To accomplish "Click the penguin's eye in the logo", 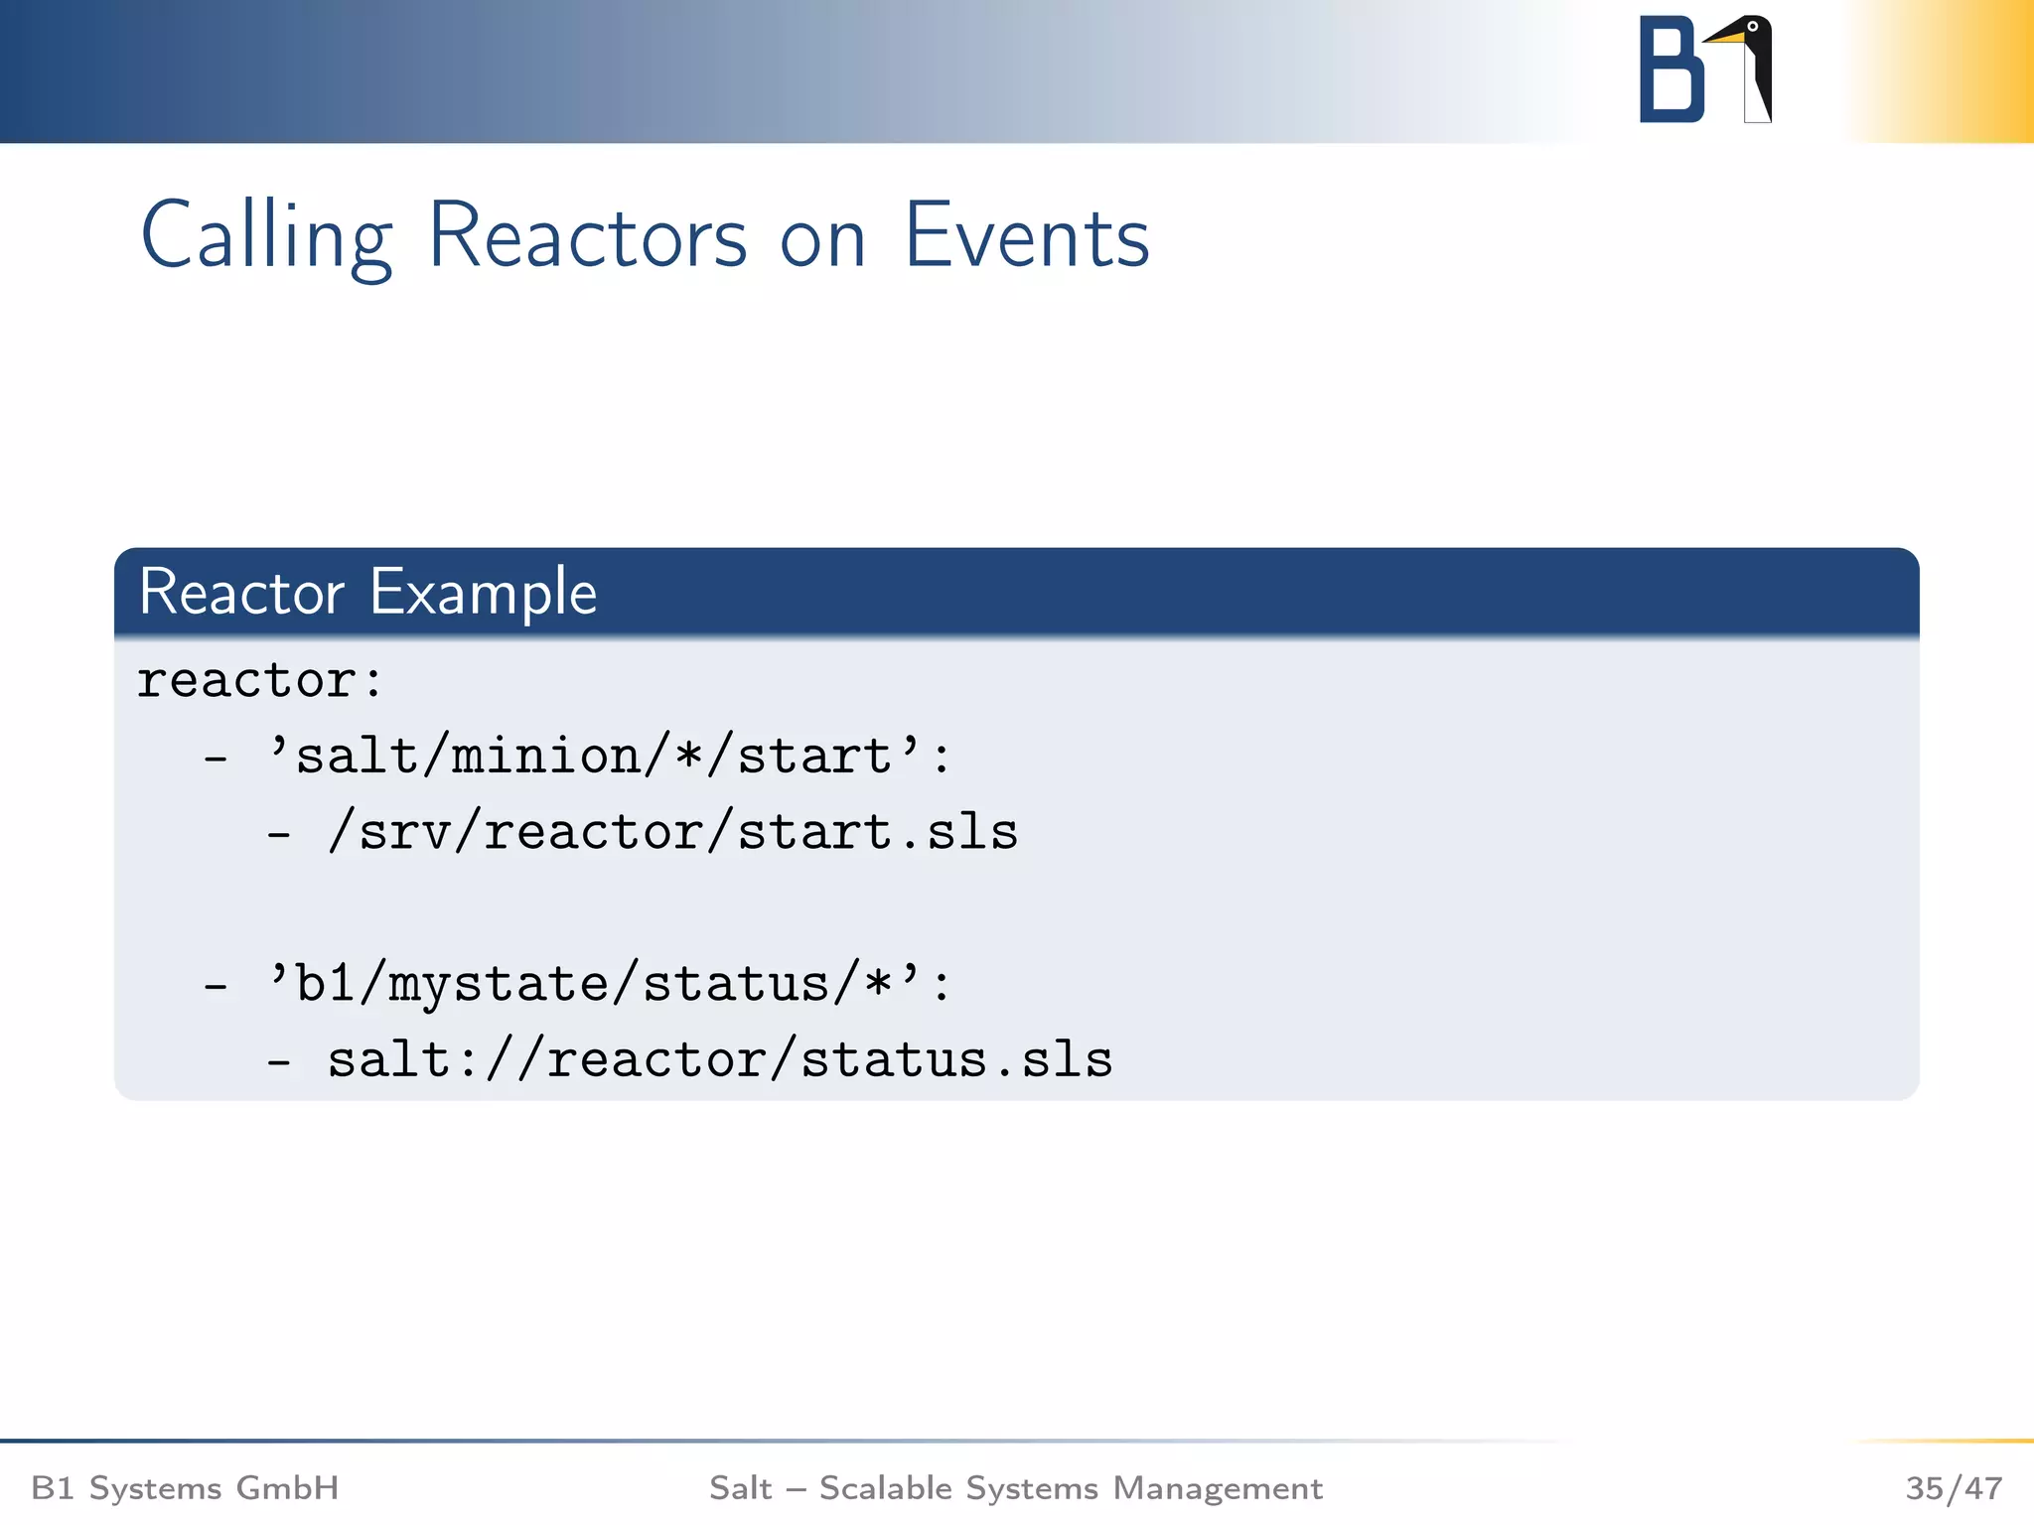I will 1753,27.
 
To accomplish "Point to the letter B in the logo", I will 1671,69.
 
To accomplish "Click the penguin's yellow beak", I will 1725,38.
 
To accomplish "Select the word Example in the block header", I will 483,593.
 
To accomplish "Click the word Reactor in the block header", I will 241,593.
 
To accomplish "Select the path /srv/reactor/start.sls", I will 672,832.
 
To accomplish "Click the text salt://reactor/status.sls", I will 720,1059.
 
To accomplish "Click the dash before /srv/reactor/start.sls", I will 279,834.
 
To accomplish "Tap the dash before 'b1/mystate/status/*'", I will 216,986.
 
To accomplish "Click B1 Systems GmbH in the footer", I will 185,1488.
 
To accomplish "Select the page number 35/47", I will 1954,1488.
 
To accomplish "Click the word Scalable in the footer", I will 886,1488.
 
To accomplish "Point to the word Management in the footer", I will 1218,1488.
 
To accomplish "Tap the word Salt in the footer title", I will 740,1488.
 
